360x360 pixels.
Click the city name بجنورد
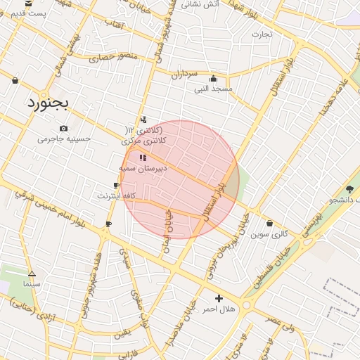pos(48,103)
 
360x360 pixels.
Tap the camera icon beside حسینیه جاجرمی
pos(64,128)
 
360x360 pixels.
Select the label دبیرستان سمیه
pos(143,169)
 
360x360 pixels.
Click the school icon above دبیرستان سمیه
pos(143,157)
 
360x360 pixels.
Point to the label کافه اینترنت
pos(116,195)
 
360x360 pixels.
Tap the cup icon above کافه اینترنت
pos(116,184)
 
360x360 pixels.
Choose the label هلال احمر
pos(218,309)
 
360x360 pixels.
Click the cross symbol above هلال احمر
pos(219,298)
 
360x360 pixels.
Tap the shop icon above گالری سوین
pos(270,224)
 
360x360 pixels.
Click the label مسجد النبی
pos(213,89)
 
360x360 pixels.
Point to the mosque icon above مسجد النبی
pos(214,79)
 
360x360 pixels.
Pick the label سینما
pos(32,284)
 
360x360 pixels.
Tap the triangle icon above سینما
pos(32,273)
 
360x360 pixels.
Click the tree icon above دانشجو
pos(349,188)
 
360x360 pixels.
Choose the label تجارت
pos(262,34)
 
